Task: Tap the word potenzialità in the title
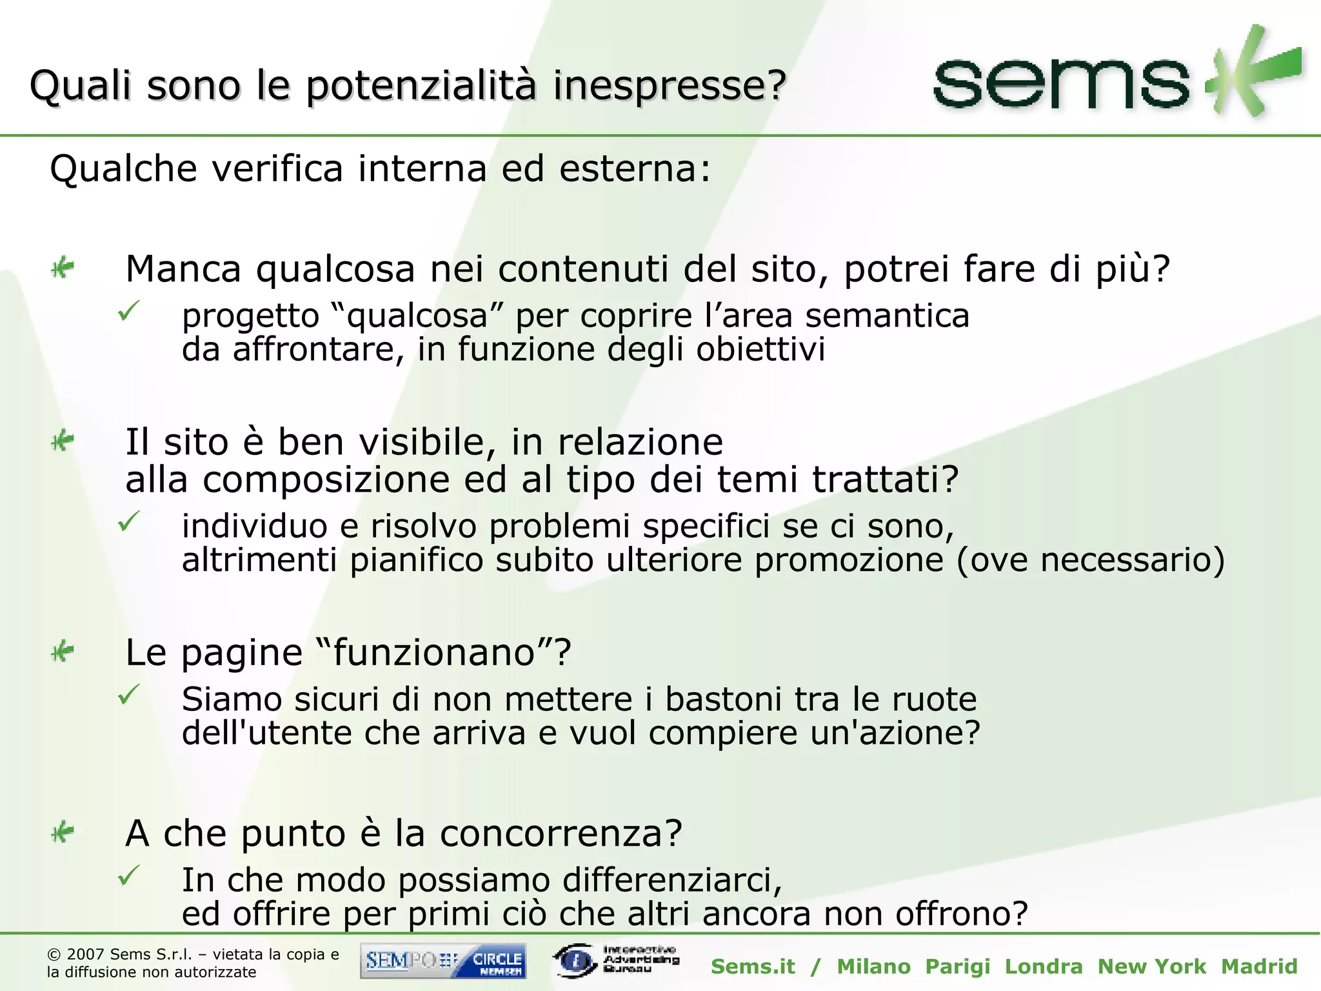(421, 85)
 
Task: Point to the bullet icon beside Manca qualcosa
(63, 267)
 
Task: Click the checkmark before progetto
(128, 312)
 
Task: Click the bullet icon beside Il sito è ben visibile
(63, 441)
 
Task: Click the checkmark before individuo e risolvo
(128, 521)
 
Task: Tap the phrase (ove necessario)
(1090, 559)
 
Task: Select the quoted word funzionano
(434, 652)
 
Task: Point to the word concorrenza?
(561, 833)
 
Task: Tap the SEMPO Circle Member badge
(443, 961)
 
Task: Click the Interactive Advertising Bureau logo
(615, 960)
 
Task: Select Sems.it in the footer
(753, 966)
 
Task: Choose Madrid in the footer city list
(1259, 966)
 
